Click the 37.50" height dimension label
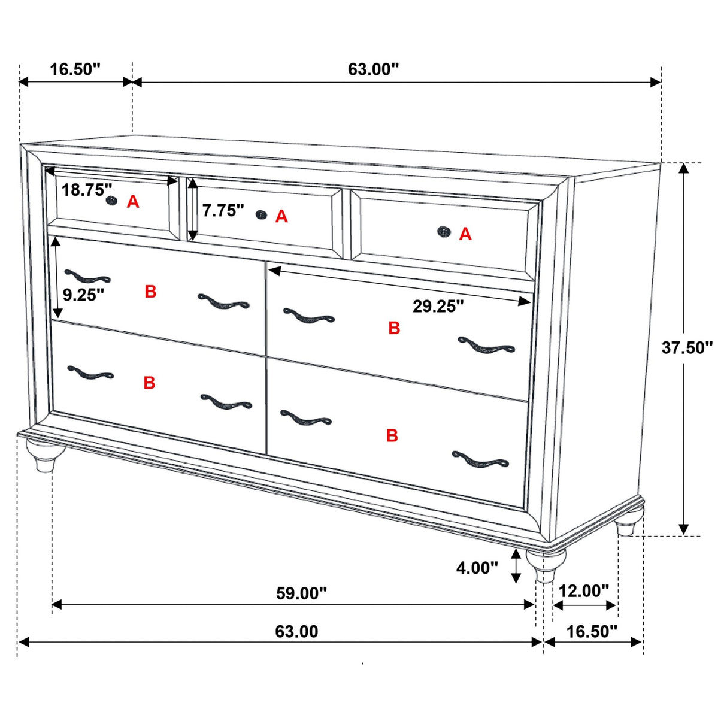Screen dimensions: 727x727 click(x=686, y=347)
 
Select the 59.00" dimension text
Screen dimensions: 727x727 click(x=301, y=593)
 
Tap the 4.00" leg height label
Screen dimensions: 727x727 click(x=477, y=567)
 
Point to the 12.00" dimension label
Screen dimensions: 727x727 click(x=583, y=591)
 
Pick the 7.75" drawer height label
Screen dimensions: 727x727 click(x=223, y=210)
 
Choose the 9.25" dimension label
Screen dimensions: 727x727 click(x=83, y=295)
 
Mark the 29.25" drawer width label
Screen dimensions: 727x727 click(x=438, y=307)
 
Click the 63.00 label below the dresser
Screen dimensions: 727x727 click(x=296, y=631)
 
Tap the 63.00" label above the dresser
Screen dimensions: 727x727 click(x=373, y=69)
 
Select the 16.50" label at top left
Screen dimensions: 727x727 click(x=75, y=69)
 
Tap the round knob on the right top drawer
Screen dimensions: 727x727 click(x=443, y=231)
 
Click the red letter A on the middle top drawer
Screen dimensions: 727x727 click(x=281, y=217)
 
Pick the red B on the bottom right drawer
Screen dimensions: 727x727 click(x=392, y=435)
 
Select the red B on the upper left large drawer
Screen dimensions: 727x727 click(x=150, y=292)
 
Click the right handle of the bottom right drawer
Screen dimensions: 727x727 click(x=480, y=460)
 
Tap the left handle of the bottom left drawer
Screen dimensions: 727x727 click(x=90, y=373)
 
